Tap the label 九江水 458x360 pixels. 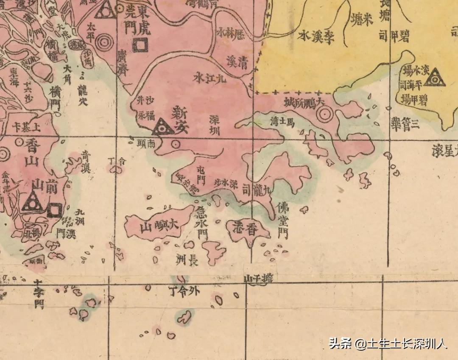coord(211,77)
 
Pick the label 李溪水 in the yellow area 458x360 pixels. coord(316,36)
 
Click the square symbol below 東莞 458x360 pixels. coord(140,45)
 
